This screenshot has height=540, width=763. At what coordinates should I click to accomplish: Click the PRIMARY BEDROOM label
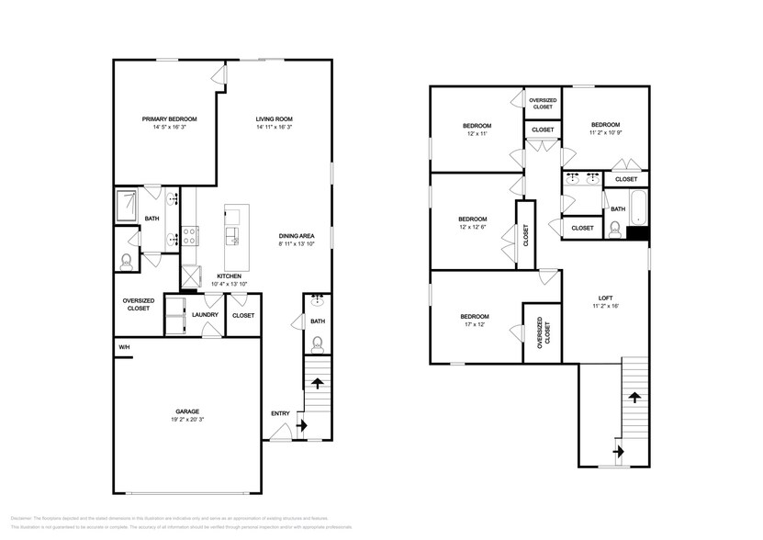tap(169, 119)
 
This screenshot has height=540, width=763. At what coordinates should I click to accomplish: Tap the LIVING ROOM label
tap(274, 119)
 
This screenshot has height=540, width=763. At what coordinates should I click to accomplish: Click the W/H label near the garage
tap(124, 347)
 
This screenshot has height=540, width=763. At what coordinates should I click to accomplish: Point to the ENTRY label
tap(280, 413)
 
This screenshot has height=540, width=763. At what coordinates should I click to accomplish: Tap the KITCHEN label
tap(229, 276)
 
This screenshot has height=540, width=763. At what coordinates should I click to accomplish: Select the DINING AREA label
tap(297, 236)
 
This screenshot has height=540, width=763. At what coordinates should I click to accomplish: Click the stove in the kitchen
tap(189, 235)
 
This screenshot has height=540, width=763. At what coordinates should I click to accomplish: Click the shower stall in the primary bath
tap(126, 205)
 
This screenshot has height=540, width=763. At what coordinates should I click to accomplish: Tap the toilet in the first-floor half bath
tap(317, 345)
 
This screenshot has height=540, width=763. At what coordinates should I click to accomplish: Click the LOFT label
tap(605, 298)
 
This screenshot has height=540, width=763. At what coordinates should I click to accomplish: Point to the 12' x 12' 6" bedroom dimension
tap(473, 227)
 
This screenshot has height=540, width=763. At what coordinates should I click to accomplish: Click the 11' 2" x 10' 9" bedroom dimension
tap(605, 133)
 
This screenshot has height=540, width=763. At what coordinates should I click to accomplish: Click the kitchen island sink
tap(234, 242)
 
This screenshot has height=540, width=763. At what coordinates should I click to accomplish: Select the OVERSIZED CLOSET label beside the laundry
tap(138, 304)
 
